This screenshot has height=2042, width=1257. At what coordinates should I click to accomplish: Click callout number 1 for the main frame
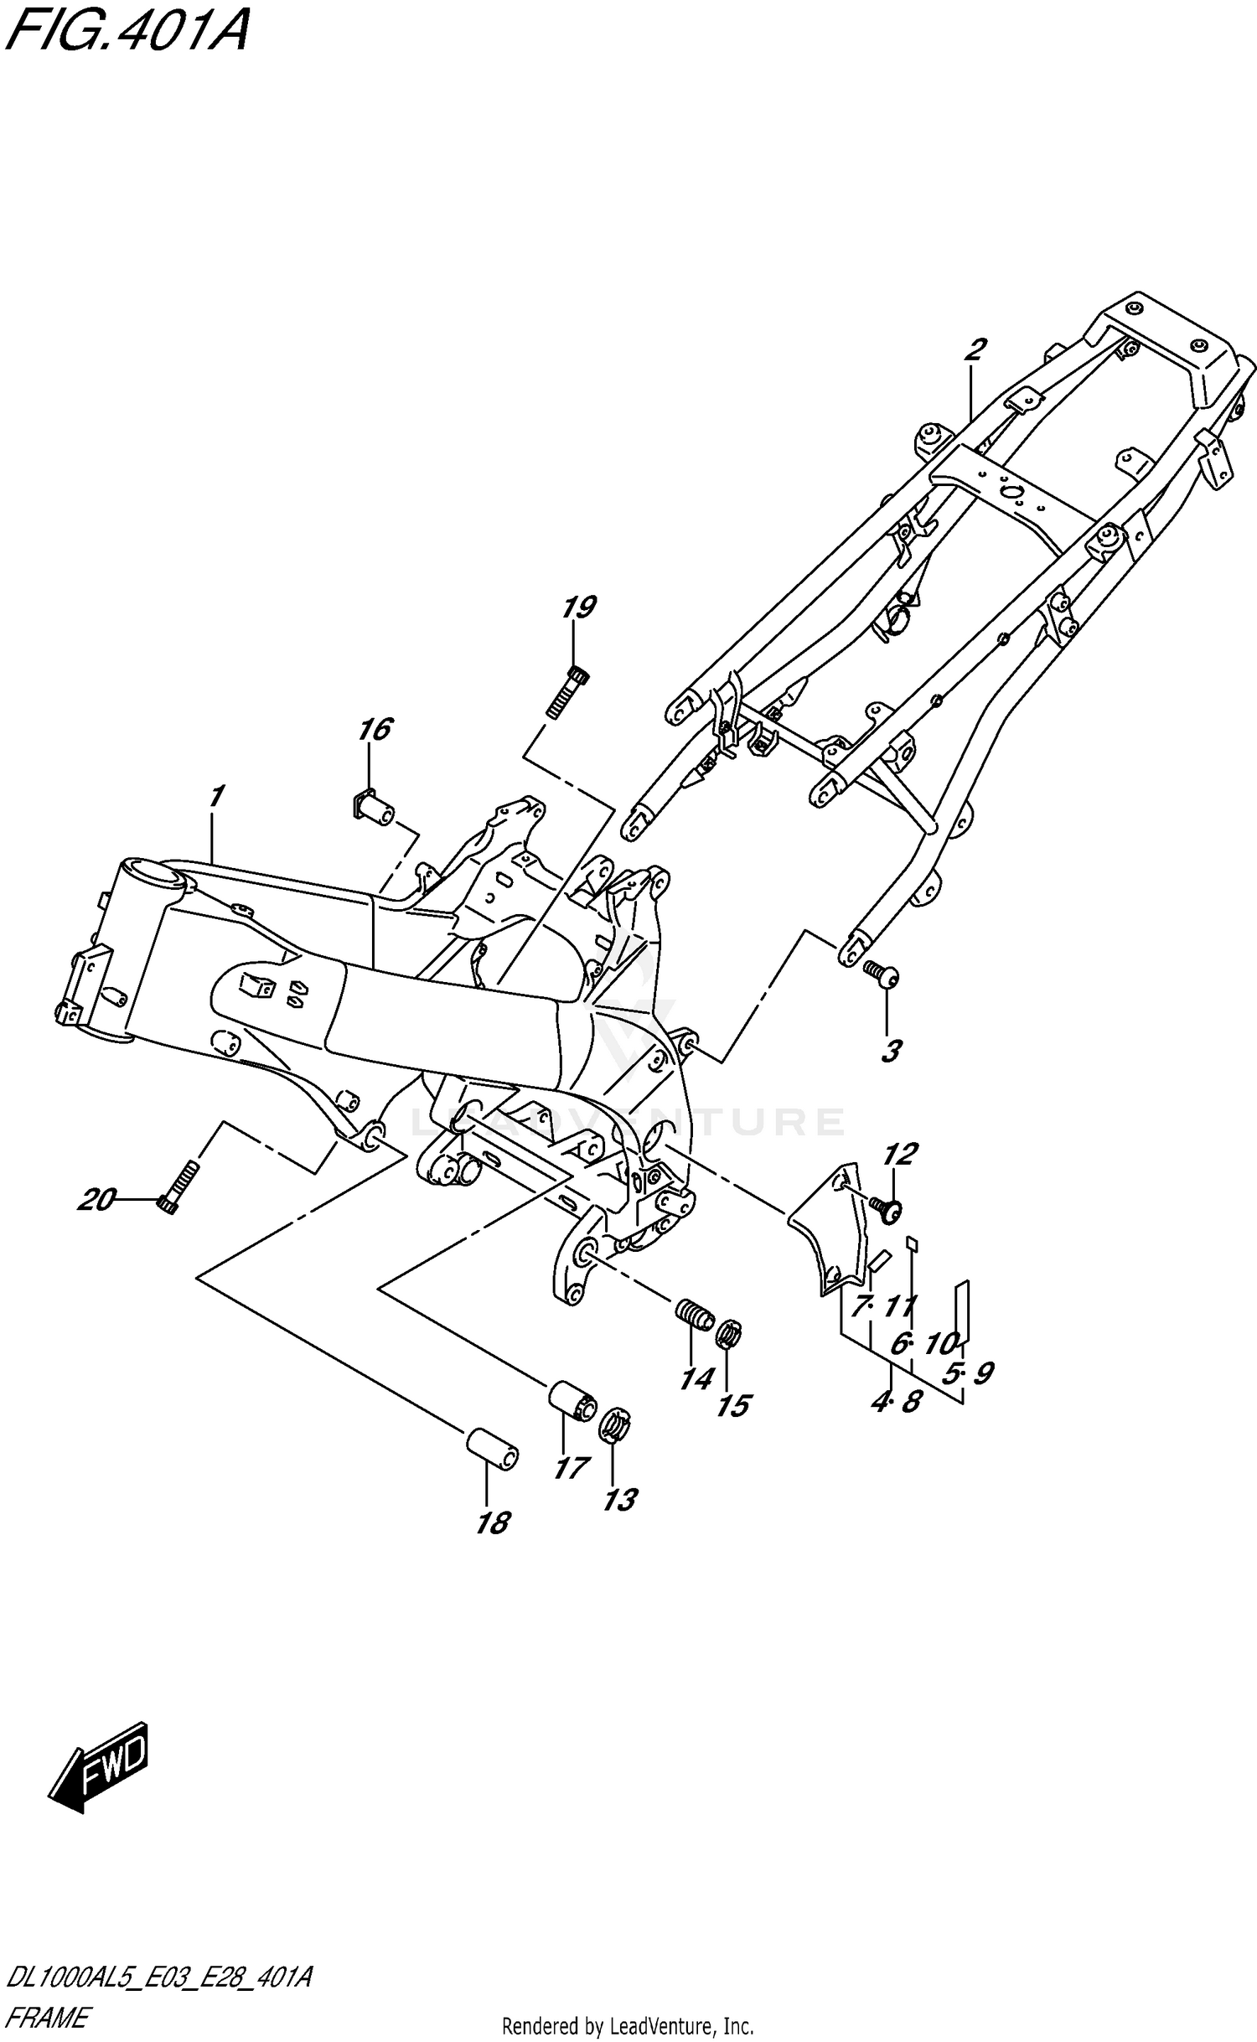(216, 796)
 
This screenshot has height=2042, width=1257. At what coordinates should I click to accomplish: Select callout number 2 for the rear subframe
(974, 349)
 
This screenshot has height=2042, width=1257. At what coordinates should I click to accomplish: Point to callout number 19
(578, 607)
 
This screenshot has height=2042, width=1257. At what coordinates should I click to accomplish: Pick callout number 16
(375, 729)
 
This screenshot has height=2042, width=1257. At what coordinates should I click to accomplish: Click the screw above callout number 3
(881, 974)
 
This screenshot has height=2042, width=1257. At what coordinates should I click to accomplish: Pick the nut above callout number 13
(615, 1425)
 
